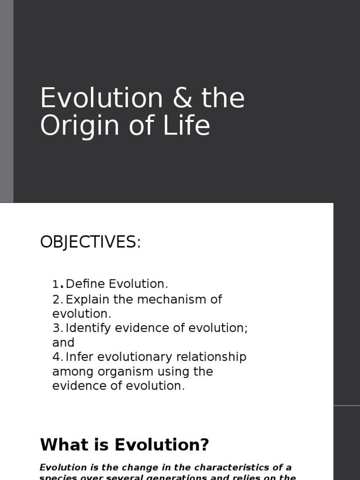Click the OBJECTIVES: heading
click(x=90, y=242)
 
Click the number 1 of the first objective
click(x=56, y=285)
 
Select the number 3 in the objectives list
click(x=56, y=328)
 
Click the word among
click(x=68, y=372)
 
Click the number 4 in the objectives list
click(x=56, y=357)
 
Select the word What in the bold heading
click(x=59, y=444)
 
